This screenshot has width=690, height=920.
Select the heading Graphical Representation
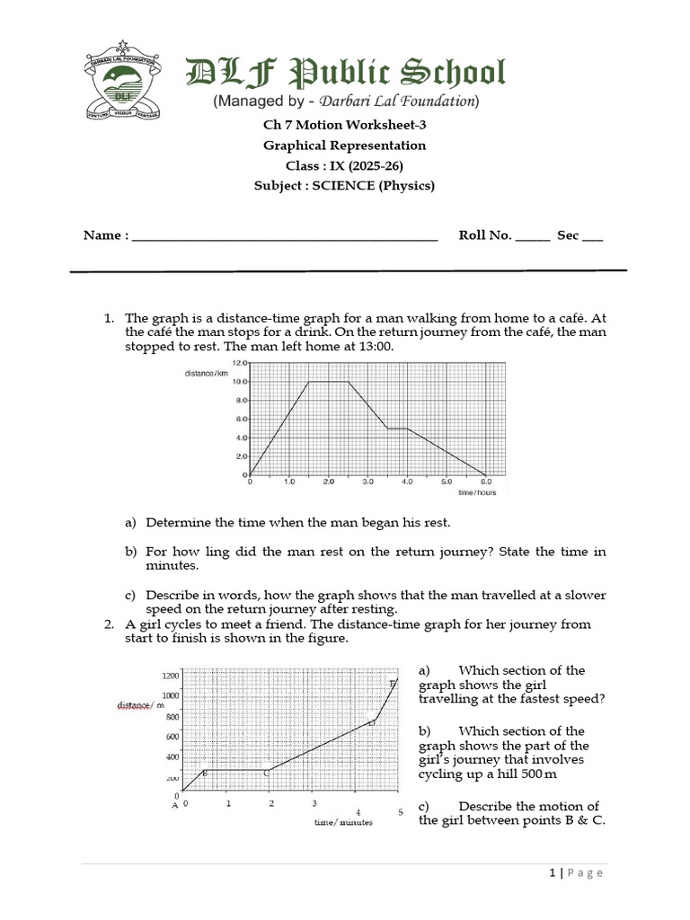(x=344, y=146)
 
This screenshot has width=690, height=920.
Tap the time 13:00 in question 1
(x=376, y=347)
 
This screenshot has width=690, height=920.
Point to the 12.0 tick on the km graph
(x=238, y=363)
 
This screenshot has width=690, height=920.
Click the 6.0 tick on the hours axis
(x=485, y=482)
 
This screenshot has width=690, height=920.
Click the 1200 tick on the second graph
(x=170, y=676)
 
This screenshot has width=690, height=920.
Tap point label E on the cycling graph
(x=392, y=684)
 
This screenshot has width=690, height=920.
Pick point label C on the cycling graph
(x=265, y=773)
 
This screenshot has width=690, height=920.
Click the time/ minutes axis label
(x=342, y=821)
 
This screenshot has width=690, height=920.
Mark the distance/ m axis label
(x=140, y=705)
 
